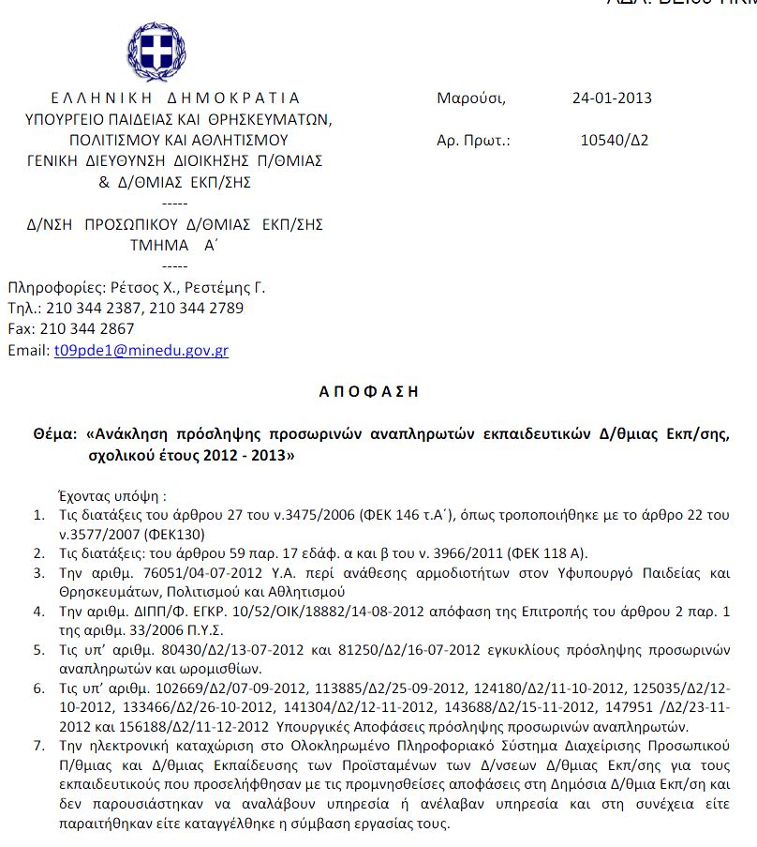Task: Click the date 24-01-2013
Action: pos(612,98)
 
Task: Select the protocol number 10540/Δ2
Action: pos(615,142)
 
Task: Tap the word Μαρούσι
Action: pos(470,98)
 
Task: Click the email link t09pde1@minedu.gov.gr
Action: pos(141,351)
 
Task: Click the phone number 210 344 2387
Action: pos(92,308)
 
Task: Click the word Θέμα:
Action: pos(55,435)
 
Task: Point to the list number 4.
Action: pos(38,612)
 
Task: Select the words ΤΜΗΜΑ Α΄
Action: pos(173,246)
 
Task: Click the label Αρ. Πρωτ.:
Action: pos(472,142)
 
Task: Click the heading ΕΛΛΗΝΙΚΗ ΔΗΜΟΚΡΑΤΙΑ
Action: pos(175,98)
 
